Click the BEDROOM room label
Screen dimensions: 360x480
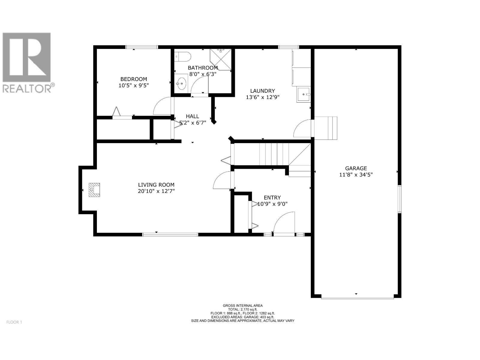(133, 79)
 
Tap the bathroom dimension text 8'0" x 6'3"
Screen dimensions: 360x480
(202, 74)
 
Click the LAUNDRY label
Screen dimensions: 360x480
(262, 91)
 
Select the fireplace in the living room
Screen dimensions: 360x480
(94, 190)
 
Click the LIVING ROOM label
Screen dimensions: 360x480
(156, 185)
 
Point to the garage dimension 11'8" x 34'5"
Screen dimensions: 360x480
(356, 175)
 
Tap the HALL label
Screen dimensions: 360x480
(192, 116)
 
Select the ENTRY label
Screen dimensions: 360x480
(272, 198)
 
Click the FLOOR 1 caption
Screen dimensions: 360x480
(14, 322)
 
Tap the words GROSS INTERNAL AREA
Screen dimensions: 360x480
(242, 306)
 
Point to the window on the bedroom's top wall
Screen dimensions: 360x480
(142, 47)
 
